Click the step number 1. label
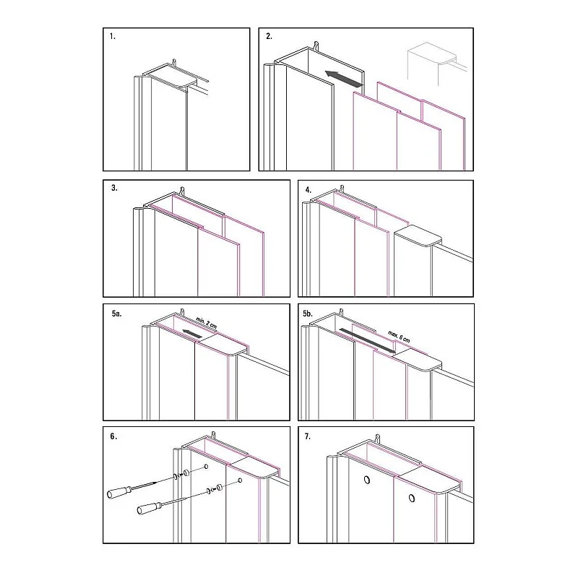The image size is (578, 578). click(113, 36)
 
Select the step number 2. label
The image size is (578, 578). click(269, 36)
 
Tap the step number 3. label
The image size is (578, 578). click(114, 189)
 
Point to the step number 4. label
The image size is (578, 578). click(309, 189)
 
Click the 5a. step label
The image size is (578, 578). click(117, 314)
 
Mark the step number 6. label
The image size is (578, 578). click(114, 437)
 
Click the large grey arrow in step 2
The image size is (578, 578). click(342, 77)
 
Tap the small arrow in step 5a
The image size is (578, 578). click(191, 333)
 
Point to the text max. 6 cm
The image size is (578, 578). click(396, 329)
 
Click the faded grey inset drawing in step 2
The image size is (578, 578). click(433, 64)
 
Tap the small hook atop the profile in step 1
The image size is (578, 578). click(174, 64)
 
